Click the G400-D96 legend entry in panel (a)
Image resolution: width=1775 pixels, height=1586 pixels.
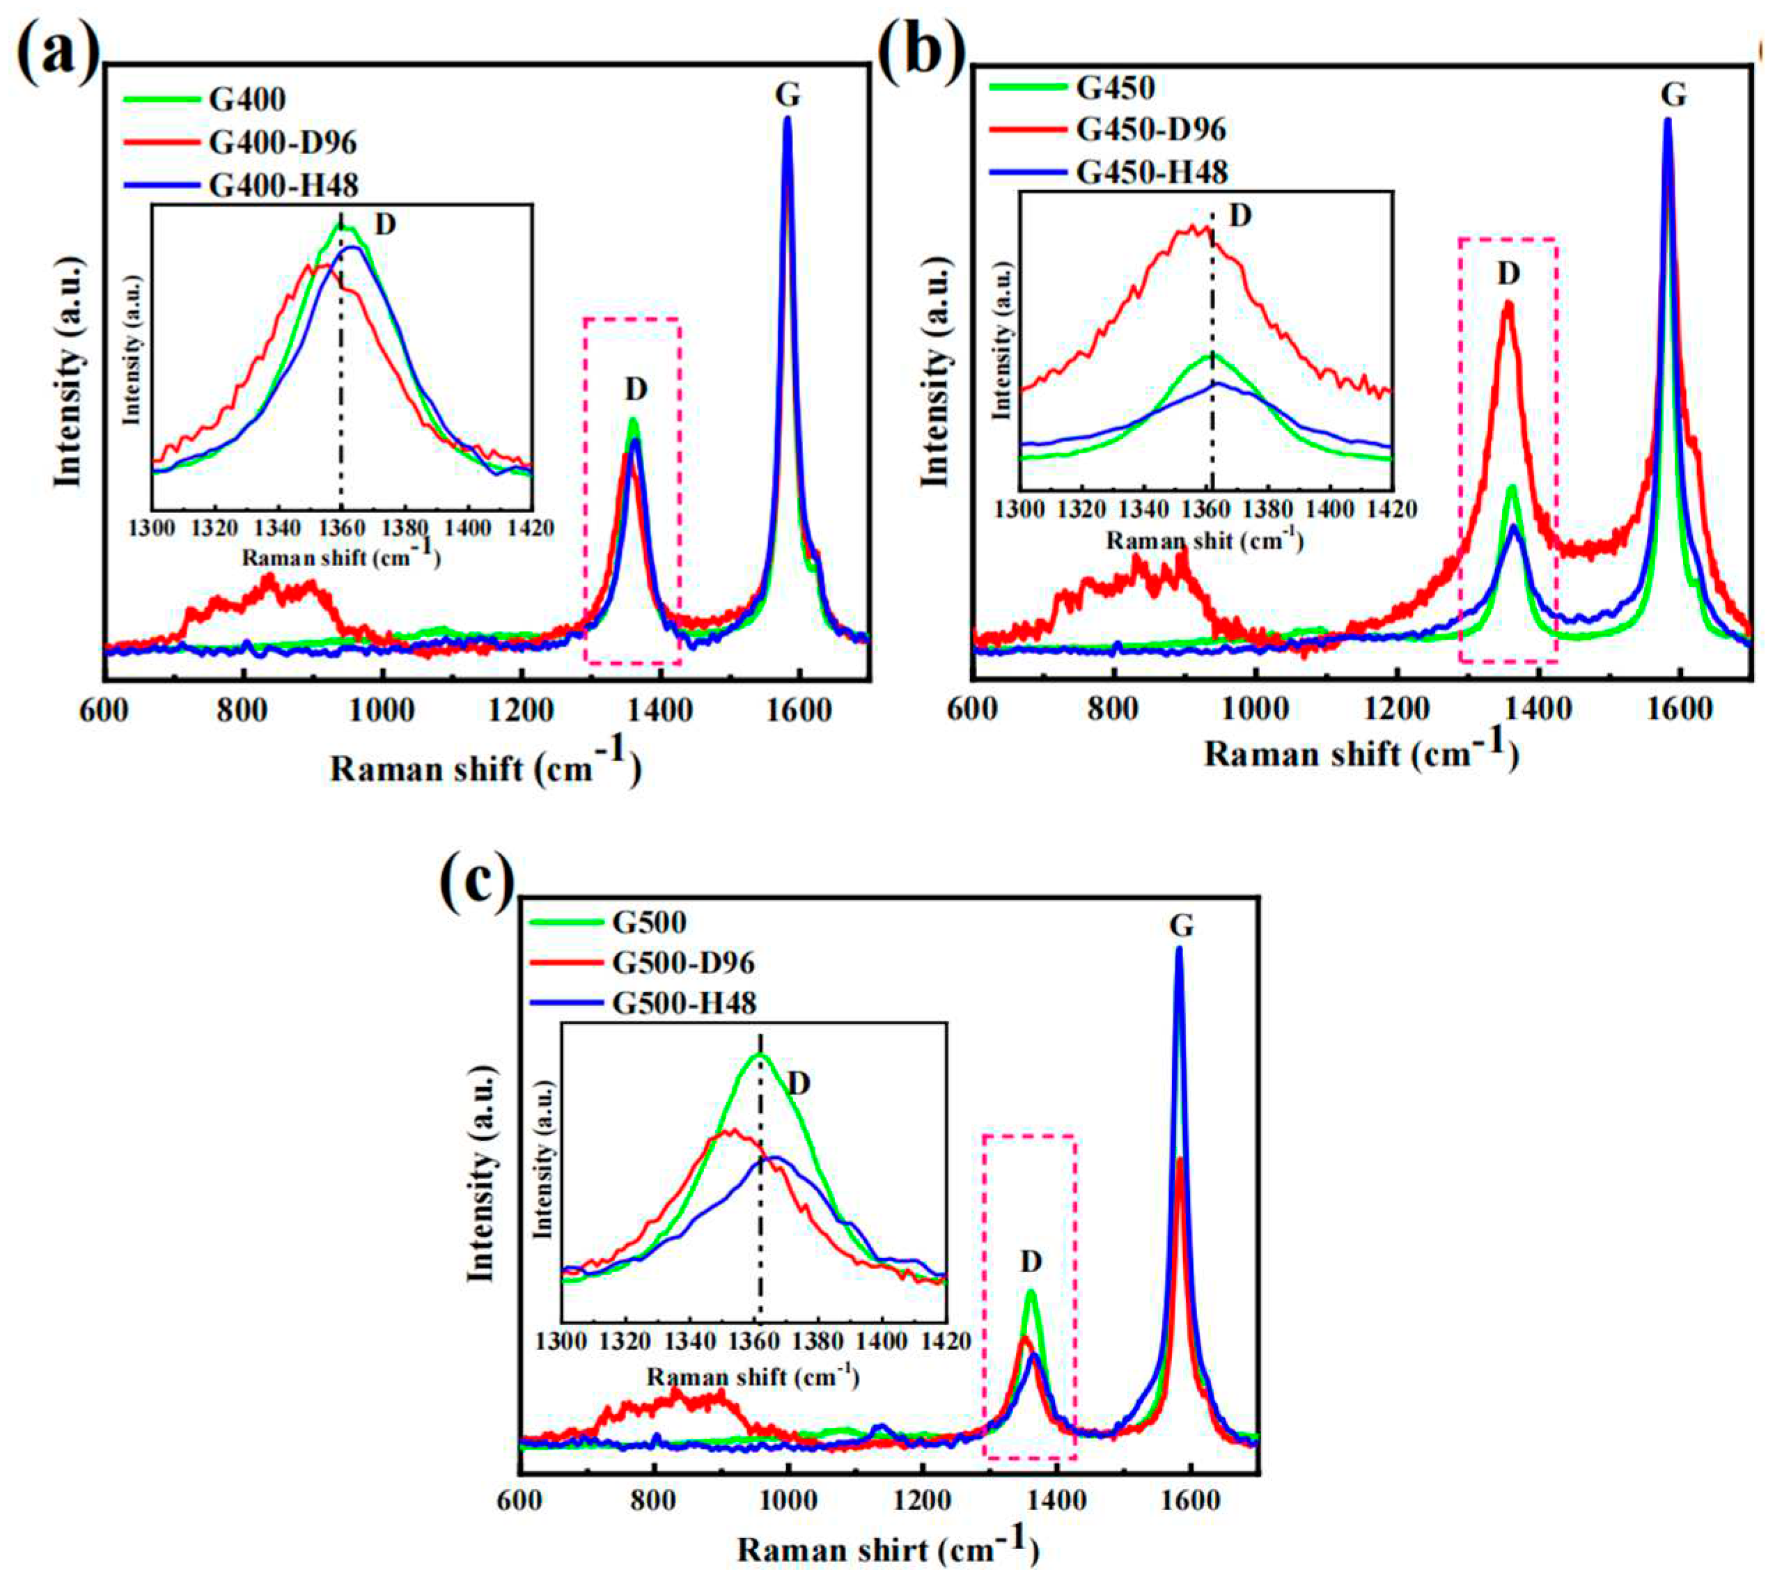(x=282, y=142)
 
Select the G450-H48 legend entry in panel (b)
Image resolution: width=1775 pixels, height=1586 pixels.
(x=1152, y=172)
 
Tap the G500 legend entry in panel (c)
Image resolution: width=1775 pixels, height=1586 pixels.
(x=649, y=921)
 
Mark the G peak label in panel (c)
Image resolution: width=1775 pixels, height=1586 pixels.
(x=1181, y=925)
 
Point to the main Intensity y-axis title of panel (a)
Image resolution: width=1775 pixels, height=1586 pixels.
(x=68, y=370)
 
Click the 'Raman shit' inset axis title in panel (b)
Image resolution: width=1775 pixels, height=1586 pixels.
(x=1204, y=540)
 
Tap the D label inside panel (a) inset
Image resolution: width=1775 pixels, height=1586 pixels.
(x=384, y=225)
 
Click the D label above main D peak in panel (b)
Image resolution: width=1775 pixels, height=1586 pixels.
(x=1508, y=274)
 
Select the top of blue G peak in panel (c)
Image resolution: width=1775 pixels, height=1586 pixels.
(x=1179, y=950)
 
